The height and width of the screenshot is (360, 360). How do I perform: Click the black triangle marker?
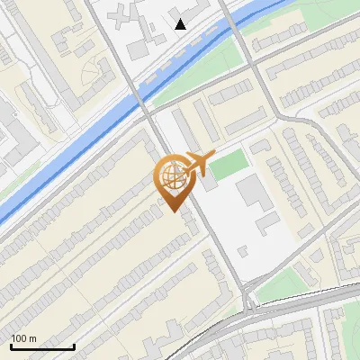tap(181, 24)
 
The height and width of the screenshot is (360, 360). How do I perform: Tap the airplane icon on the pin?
tap(197, 164)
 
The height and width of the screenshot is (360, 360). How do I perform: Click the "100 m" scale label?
tap(24, 338)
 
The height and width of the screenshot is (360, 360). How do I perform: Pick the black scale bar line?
tap(42, 346)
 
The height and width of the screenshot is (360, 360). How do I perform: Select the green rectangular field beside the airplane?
tap(229, 164)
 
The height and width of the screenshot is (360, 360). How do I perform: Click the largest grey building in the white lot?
tap(251, 192)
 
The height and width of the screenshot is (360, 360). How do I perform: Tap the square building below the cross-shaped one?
tap(140, 48)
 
